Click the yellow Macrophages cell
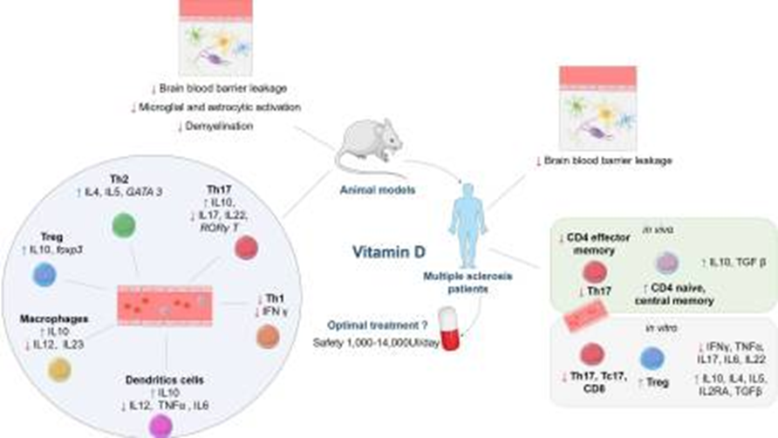click(x=59, y=369)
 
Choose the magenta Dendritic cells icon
click(x=161, y=424)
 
